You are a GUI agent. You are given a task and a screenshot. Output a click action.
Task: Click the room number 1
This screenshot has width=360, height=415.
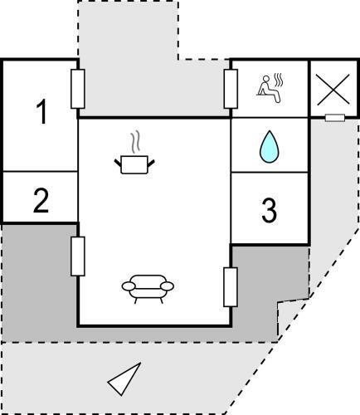pyautogui.click(x=42, y=112)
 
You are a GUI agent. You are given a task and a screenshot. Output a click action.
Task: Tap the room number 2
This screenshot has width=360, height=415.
pyautogui.click(x=41, y=201)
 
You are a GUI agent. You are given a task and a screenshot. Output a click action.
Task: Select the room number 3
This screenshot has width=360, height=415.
pyautogui.click(x=269, y=211)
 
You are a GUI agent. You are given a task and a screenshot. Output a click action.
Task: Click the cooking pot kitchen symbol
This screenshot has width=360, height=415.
pyautogui.click(x=134, y=165)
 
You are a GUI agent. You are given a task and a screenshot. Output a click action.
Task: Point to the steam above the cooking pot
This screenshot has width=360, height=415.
pyautogui.click(x=134, y=142)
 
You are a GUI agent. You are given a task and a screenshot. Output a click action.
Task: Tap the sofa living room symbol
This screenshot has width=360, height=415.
pyautogui.click(x=148, y=289)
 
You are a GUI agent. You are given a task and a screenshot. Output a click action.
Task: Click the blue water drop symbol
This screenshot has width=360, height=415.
pyautogui.click(x=270, y=147)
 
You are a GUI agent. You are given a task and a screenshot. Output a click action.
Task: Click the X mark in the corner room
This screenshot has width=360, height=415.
pyautogui.click(x=333, y=90)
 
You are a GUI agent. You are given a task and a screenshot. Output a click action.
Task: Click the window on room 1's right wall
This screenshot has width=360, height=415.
pyautogui.click(x=78, y=89)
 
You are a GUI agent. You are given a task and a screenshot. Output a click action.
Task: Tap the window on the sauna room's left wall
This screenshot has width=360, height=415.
pyautogui.click(x=231, y=89)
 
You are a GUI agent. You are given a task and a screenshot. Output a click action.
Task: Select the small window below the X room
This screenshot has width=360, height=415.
pyautogui.click(x=335, y=118)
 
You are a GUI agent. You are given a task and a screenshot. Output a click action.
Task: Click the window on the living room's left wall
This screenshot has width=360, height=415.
pyautogui.click(x=78, y=256)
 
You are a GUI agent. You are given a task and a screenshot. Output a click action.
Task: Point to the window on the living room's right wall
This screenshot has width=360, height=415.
pyautogui.click(x=231, y=287)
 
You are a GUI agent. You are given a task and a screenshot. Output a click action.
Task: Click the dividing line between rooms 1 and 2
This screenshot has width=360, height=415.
pyautogui.click(x=40, y=172)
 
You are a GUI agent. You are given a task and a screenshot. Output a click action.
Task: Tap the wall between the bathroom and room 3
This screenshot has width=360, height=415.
pyautogui.click(x=270, y=173)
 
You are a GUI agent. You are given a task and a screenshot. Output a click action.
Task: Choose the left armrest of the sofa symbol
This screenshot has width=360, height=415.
pyautogui.click(x=129, y=286)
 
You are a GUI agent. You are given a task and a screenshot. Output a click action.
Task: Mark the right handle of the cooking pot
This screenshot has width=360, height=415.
pyautogui.click(x=151, y=164)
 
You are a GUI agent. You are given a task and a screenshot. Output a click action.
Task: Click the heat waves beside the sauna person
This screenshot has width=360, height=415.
pyautogui.click(x=278, y=80)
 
